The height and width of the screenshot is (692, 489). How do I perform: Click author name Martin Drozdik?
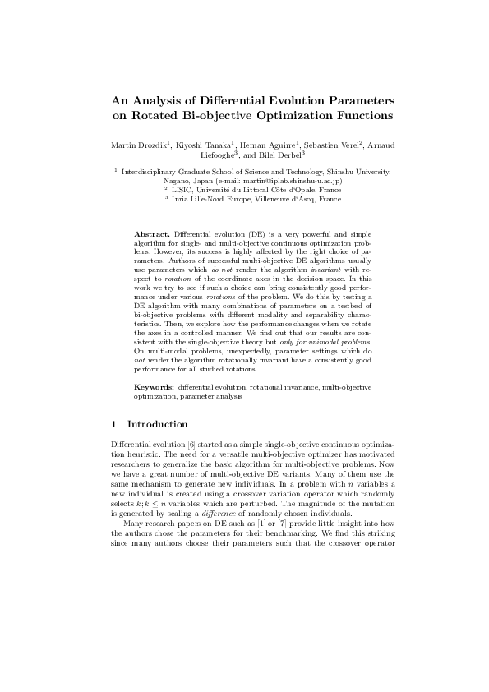click(x=140, y=145)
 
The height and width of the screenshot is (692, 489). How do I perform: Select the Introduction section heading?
click(x=157, y=424)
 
